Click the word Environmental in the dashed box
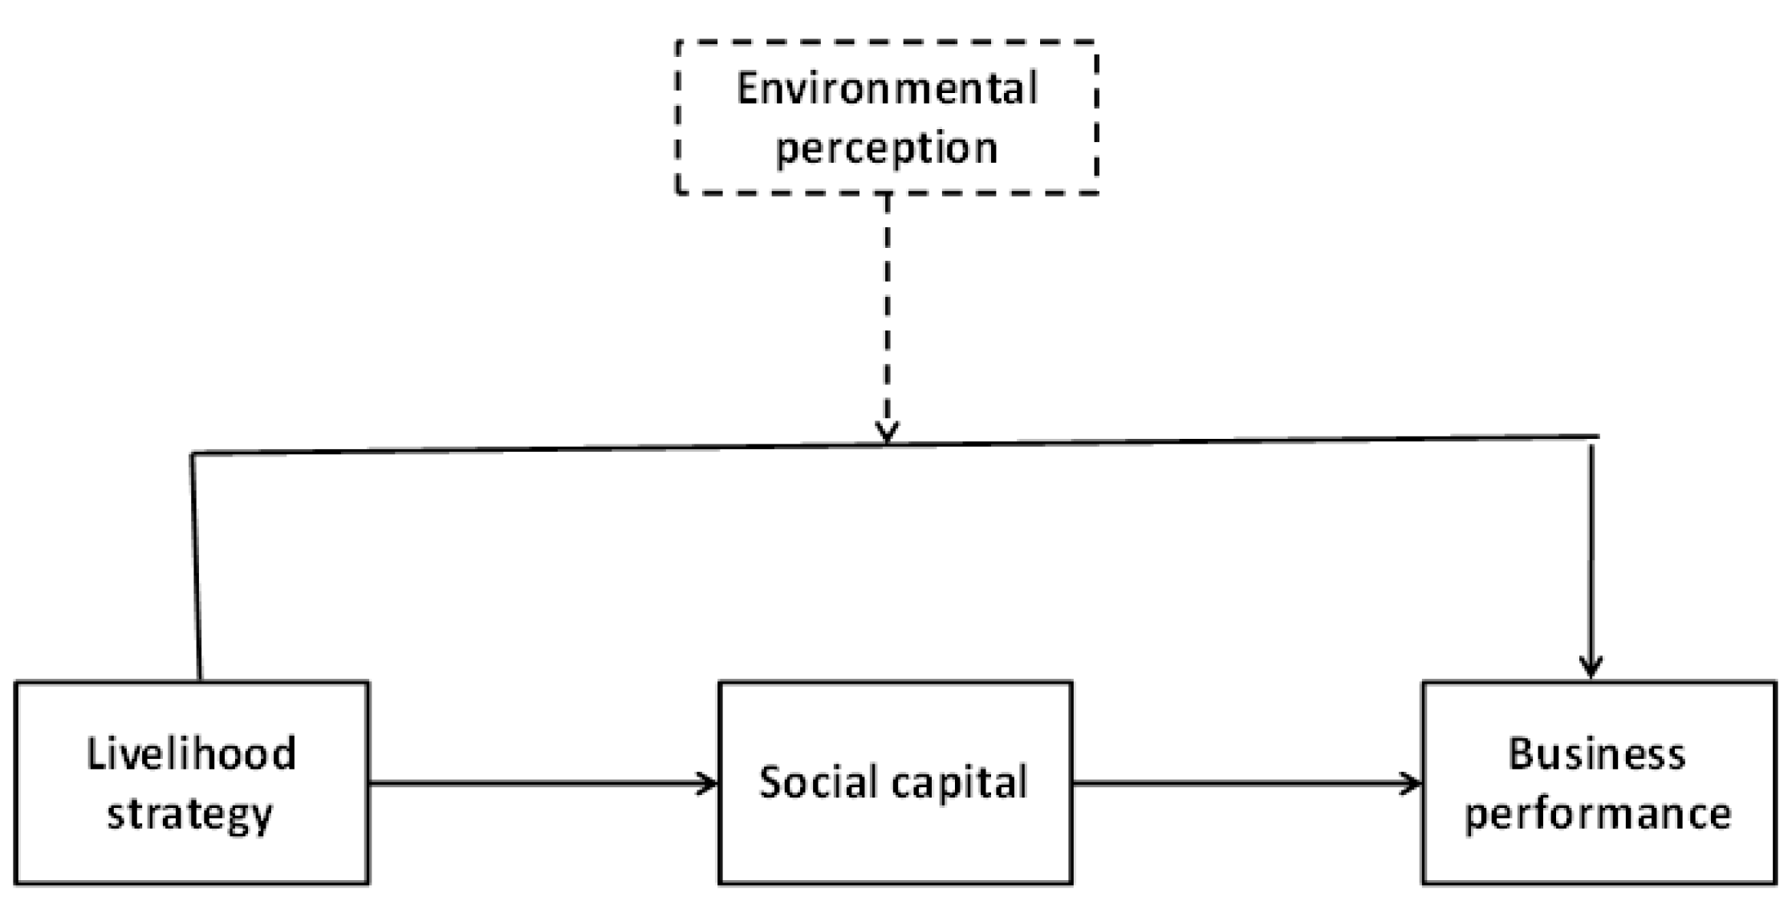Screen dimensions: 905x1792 [x=887, y=88]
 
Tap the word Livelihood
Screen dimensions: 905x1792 [x=191, y=754]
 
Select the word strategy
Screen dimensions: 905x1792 [x=190, y=814]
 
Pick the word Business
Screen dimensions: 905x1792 [x=1597, y=754]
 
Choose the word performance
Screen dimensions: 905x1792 [x=1598, y=814]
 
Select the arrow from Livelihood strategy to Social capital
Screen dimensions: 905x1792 [x=542, y=783]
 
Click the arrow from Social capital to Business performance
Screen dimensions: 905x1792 [x=1246, y=783]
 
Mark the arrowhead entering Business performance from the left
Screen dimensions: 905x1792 [x=1412, y=783]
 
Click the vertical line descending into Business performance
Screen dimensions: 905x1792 [x=1591, y=554]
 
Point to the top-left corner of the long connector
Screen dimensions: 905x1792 [x=193, y=455]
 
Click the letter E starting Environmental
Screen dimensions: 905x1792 [x=747, y=88]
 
